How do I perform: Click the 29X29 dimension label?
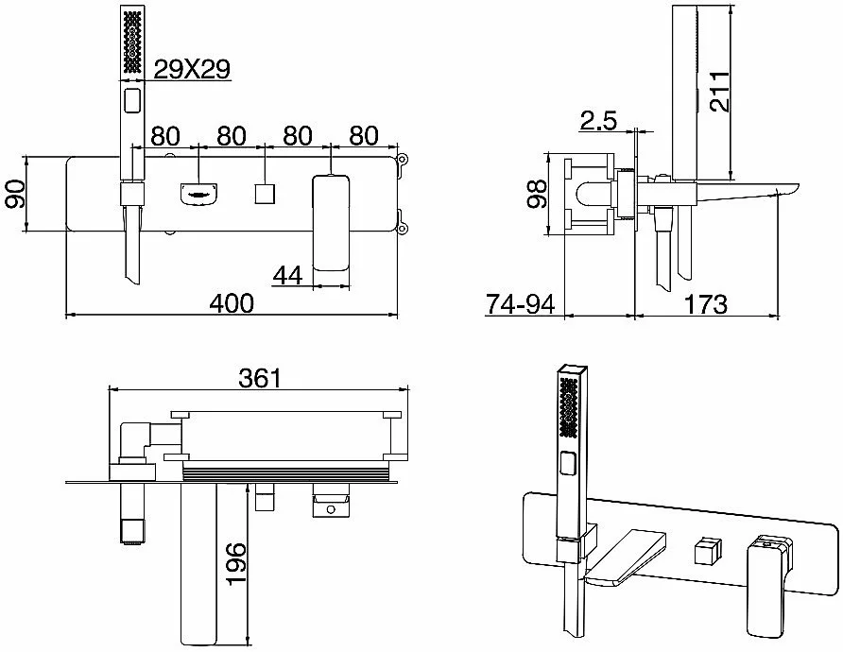pyautogui.click(x=192, y=69)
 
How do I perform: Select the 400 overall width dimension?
pyautogui.click(x=232, y=303)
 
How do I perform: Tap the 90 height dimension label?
pyautogui.click(x=15, y=194)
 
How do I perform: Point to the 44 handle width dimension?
pyautogui.click(x=287, y=276)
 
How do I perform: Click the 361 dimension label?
pyautogui.click(x=260, y=378)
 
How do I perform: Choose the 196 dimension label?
pyautogui.click(x=235, y=564)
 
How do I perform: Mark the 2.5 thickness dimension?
pyautogui.click(x=598, y=120)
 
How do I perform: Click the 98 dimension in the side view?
pyautogui.click(x=536, y=194)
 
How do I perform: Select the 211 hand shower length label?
pyautogui.click(x=719, y=92)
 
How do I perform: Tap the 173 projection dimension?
pyautogui.click(x=705, y=304)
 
